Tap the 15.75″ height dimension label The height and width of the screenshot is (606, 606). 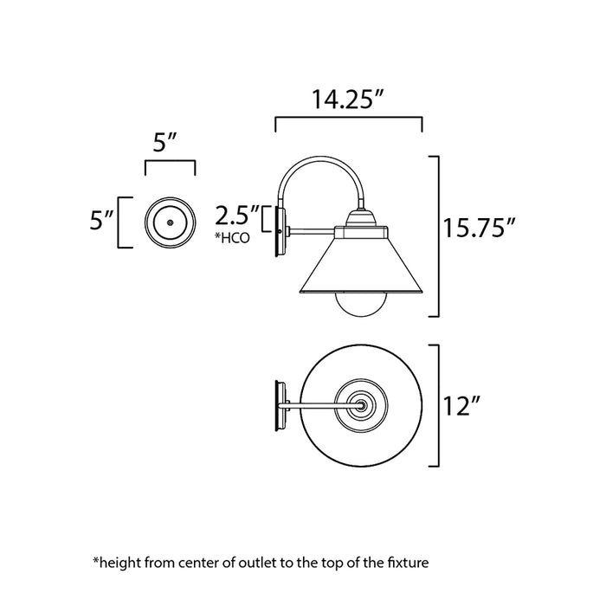coord(480,229)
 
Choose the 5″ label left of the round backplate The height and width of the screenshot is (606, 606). coord(101,222)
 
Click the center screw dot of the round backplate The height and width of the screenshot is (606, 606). coord(170,222)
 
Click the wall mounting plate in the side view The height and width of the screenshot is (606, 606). coord(279,231)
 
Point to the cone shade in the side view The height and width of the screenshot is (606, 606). coord(361,268)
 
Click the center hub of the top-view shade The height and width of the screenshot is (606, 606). coord(361,403)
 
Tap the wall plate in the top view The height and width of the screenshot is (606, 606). coord(279,405)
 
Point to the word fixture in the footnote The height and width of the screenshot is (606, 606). coord(405,563)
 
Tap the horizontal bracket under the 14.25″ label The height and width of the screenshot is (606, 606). coord(348,119)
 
